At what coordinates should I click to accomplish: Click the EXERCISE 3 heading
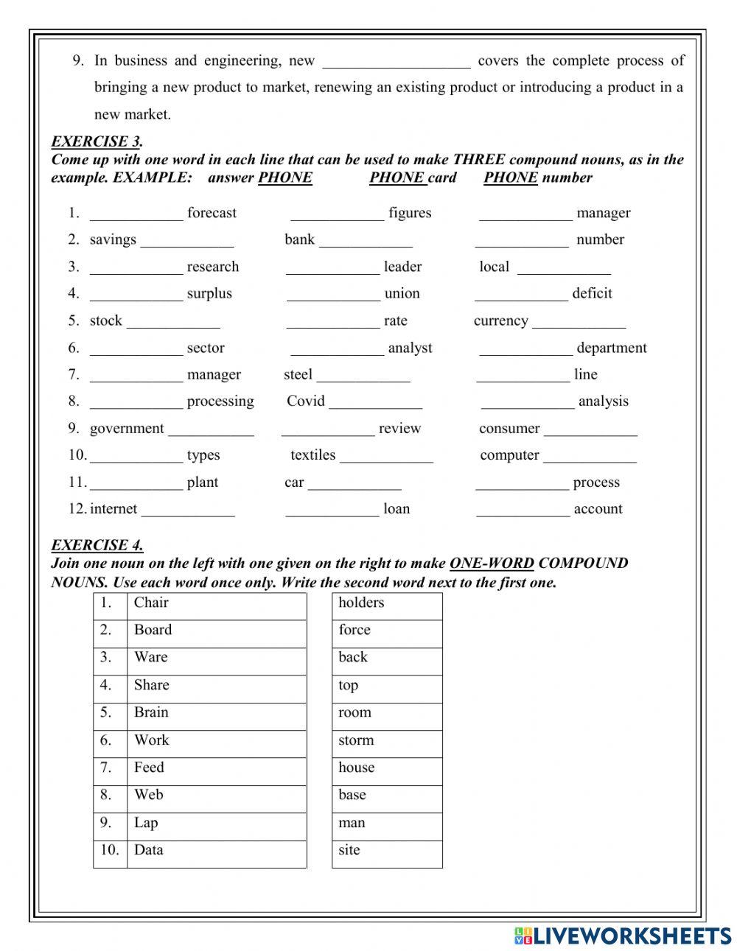pos(97,141)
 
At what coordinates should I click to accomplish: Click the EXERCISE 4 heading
pos(97,545)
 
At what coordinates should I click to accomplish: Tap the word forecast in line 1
pos(212,213)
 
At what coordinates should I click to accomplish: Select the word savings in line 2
pos(113,239)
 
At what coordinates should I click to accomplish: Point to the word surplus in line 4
pos(209,293)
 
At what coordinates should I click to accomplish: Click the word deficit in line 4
pos(592,293)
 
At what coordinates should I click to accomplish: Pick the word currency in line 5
pos(500,320)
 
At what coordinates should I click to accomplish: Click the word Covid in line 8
pos(305,401)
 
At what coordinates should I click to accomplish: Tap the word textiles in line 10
pos(312,455)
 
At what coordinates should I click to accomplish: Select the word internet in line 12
pos(113,508)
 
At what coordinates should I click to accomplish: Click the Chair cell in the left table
pos(216,603)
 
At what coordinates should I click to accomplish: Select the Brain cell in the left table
pos(216,713)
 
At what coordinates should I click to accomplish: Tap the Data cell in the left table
pos(216,851)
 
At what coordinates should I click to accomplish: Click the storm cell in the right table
pos(386,740)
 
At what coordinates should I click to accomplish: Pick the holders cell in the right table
pos(386,603)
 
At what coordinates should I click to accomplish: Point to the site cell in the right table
pos(386,851)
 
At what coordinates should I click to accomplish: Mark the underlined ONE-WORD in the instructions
pos(492,564)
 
